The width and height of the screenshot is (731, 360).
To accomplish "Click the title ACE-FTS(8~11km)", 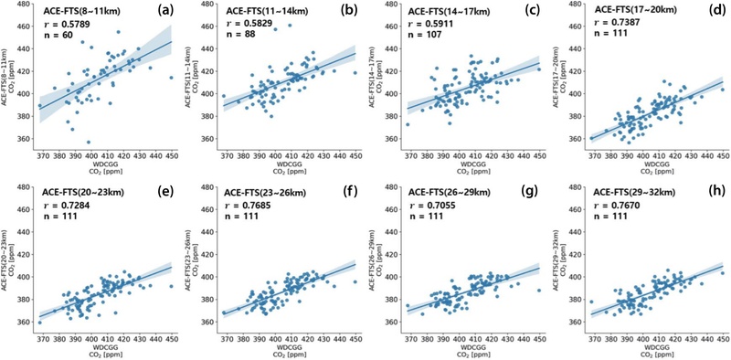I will pyautogui.click(x=75, y=11).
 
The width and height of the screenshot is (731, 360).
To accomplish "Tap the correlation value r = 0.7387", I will pyautogui.click(x=614, y=22).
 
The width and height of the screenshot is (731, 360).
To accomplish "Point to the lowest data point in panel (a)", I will pyautogui.click(x=88, y=143).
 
